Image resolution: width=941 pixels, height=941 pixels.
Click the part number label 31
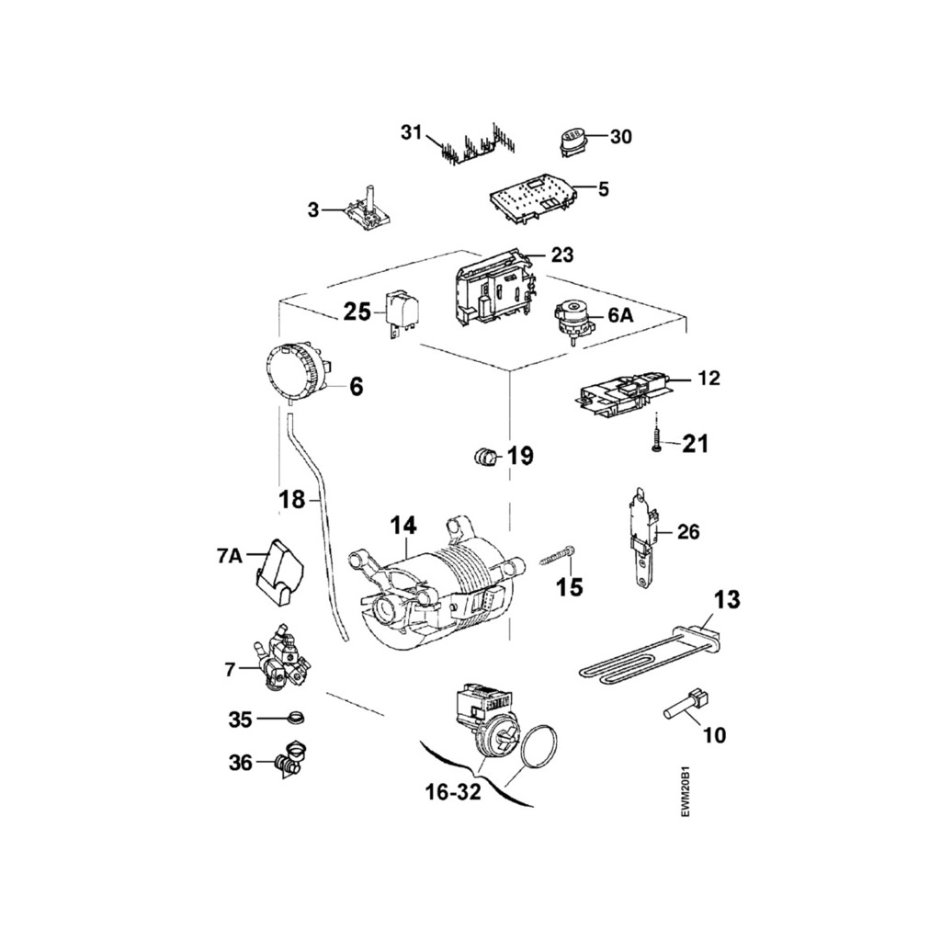pyautogui.click(x=410, y=132)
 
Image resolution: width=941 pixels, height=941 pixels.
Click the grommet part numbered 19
pyautogui.click(x=483, y=453)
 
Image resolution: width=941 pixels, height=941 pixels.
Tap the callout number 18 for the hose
pyautogui.click(x=291, y=499)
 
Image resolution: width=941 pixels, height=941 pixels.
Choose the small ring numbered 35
pyautogui.click(x=295, y=718)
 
